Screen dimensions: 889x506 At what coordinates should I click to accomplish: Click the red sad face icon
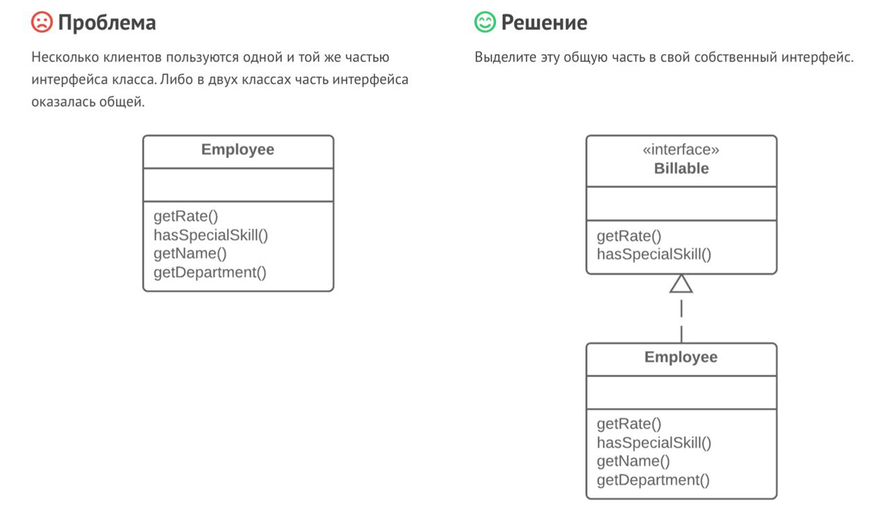pyautogui.click(x=42, y=22)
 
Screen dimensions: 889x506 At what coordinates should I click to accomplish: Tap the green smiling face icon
pyautogui.click(x=485, y=22)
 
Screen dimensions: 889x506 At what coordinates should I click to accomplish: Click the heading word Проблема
pyautogui.click(x=107, y=23)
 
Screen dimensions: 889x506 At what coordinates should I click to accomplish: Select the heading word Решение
pyautogui.click(x=544, y=23)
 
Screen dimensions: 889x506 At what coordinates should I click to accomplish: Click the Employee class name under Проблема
pyautogui.click(x=238, y=149)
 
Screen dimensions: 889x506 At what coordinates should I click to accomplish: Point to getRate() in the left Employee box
pyautogui.click(x=185, y=217)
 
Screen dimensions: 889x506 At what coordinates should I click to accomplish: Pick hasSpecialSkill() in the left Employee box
pyautogui.click(x=210, y=235)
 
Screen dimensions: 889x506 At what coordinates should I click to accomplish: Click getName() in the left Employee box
pyautogui.click(x=190, y=253)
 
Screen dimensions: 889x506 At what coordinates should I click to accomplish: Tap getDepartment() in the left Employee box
pyautogui.click(x=210, y=272)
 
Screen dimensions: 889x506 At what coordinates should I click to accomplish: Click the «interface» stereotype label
pyautogui.click(x=681, y=149)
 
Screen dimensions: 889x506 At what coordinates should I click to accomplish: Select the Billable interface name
pyautogui.click(x=681, y=169)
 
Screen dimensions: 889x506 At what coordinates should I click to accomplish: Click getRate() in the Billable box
pyautogui.click(x=629, y=237)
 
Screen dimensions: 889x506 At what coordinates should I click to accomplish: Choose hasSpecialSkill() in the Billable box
pyautogui.click(x=654, y=254)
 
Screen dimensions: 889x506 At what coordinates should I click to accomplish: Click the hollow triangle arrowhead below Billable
pyautogui.click(x=681, y=284)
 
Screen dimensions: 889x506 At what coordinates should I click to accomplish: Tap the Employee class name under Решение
pyautogui.click(x=681, y=357)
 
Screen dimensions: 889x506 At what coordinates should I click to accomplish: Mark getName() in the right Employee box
pyautogui.click(x=633, y=461)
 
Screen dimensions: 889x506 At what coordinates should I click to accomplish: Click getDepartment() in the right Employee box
pyautogui.click(x=654, y=480)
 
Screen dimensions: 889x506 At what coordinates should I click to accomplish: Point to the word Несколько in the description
pyautogui.click(x=65, y=58)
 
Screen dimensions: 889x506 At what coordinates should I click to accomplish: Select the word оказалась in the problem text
pyautogui.click(x=63, y=102)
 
